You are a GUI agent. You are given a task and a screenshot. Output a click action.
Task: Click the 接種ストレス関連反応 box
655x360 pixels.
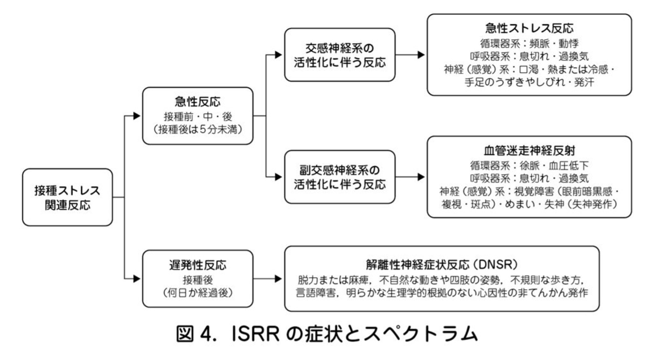point(67,197)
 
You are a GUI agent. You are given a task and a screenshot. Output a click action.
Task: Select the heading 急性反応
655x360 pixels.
point(197,101)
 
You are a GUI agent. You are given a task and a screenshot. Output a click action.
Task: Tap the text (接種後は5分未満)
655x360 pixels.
point(197,130)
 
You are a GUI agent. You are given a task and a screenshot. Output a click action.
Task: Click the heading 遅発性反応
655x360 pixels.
point(197,265)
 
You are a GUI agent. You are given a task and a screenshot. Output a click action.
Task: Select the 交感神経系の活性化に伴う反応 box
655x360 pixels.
point(340,55)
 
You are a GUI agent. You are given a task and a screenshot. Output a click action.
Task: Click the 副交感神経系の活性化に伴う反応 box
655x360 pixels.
point(340,177)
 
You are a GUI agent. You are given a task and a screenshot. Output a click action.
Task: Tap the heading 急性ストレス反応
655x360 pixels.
point(529,28)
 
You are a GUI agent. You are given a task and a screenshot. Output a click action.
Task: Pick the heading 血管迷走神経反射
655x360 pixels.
point(529,151)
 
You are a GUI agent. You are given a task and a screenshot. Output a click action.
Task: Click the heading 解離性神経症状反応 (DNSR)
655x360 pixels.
point(442,265)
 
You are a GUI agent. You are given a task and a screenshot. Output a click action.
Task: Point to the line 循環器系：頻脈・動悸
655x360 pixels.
point(529,43)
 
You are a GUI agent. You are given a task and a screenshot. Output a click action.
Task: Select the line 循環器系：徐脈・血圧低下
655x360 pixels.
point(529,165)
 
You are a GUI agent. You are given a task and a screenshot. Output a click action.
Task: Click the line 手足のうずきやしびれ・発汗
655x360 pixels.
point(529,82)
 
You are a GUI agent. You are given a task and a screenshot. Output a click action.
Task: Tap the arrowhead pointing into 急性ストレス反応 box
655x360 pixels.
point(421,55)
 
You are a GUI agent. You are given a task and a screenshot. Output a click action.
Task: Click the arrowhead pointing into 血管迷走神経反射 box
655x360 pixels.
point(421,177)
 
